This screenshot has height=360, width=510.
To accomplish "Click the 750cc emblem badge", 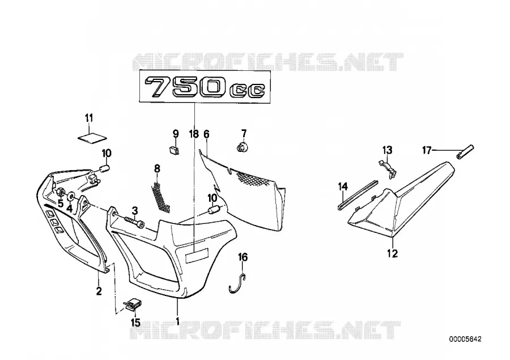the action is (x=205, y=87).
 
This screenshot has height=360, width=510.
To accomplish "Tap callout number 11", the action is (x=89, y=118).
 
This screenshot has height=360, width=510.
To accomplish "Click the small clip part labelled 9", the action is (x=175, y=150).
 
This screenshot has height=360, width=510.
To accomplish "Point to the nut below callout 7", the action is (x=243, y=147).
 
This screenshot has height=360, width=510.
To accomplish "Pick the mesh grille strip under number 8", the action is (x=161, y=197).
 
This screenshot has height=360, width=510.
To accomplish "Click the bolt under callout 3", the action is (x=134, y=222).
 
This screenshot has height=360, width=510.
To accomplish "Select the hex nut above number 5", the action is (x=60, y=192).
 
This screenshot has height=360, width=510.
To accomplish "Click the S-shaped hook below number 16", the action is (x=238, y=283).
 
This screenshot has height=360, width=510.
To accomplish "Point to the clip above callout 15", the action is (x=133, y=304).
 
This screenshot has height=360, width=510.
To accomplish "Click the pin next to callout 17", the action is (x=465, y=151).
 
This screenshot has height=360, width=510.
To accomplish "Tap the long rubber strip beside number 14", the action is (x=357, y=194).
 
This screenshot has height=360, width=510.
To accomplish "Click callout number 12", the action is (x=393, y=253).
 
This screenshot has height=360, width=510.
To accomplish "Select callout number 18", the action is (x=194, y=134).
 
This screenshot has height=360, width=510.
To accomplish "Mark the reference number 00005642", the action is (x=465, y=339).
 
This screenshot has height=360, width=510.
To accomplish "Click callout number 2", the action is (x=99, y=290).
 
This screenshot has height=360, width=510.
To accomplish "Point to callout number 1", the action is (x=177, y=321).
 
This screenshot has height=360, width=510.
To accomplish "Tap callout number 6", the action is (x=206, y=134).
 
